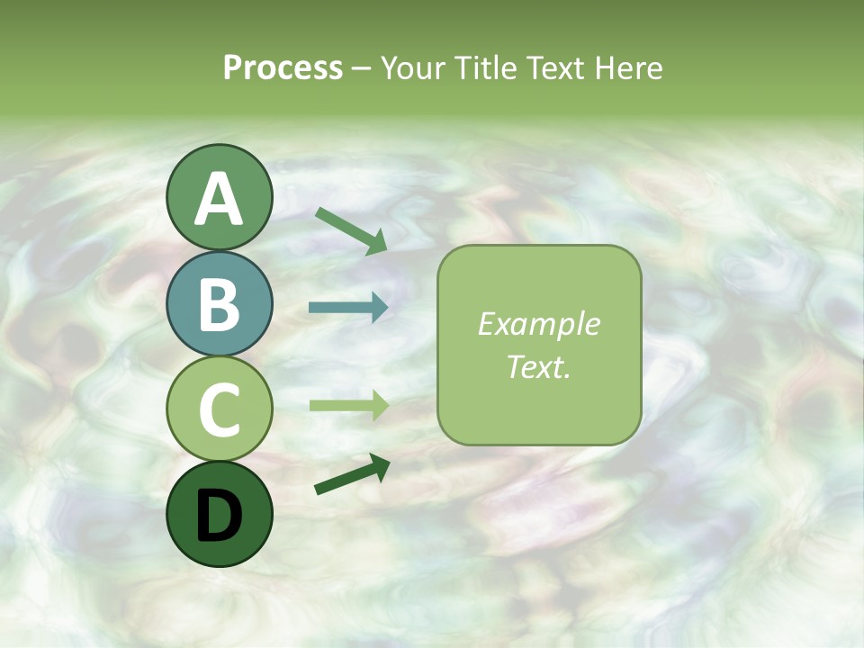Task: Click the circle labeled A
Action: point(219,197)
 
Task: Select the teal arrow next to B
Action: point(348,308)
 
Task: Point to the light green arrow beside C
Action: point(348,405)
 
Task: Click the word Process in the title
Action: point(283,68)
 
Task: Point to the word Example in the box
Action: point(538,324)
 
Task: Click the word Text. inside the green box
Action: point(538,366)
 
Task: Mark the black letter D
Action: point(219,516)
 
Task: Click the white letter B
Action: point(219,305)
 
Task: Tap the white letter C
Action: point(219,410)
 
